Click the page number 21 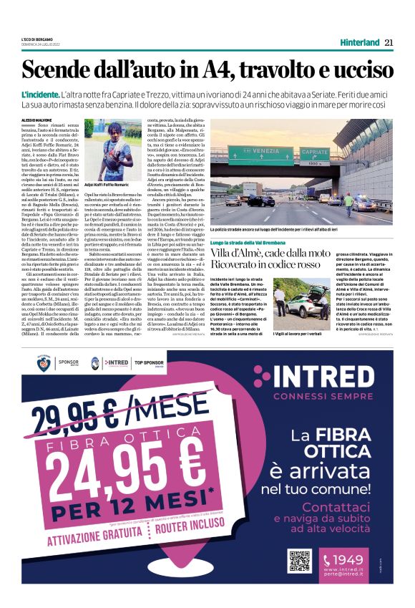point(389,43)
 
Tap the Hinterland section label point(359,43)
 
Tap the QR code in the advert point(299,560)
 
